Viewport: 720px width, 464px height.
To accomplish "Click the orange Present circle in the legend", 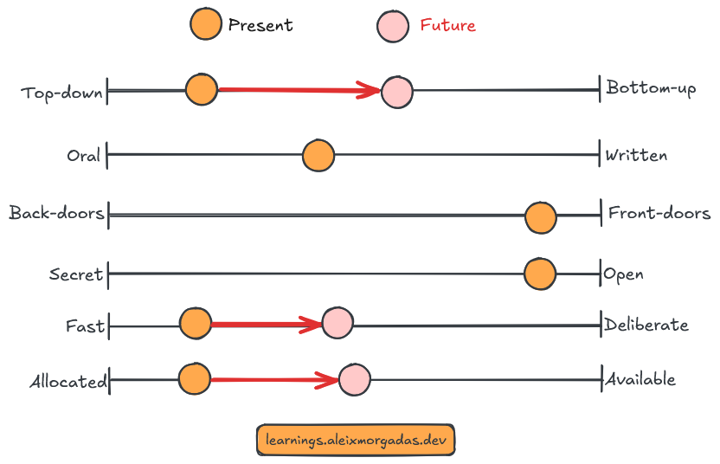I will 206,24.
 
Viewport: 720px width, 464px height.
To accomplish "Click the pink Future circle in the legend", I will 394,26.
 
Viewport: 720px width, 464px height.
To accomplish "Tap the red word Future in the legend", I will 447,25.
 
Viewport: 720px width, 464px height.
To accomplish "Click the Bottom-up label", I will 651,87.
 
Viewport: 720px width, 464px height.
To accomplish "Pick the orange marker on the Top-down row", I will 202,89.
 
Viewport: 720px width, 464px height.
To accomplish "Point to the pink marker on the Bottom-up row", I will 397,91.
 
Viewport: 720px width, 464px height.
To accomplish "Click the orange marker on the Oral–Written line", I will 318,156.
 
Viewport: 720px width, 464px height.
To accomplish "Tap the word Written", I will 636,156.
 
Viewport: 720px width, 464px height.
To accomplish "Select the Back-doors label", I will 56,213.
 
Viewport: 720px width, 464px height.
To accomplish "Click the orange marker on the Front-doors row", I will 541,218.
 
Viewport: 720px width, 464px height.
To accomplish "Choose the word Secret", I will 76,275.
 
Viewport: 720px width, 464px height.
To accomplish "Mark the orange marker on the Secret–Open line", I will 540,274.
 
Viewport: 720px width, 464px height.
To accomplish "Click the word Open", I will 623,274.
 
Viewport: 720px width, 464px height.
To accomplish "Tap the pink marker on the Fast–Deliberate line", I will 337,323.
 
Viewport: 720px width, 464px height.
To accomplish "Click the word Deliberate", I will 646,325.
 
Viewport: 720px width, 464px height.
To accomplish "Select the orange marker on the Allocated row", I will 194,378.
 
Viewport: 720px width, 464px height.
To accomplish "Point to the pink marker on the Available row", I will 354,379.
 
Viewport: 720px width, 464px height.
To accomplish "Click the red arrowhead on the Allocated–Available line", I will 330,379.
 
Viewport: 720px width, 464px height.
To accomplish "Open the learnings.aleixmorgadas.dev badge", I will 356,439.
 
